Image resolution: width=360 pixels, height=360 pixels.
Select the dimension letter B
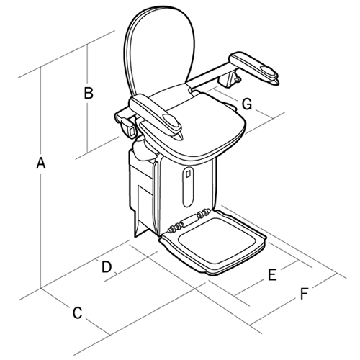88,93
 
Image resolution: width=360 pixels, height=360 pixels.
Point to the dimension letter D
107,266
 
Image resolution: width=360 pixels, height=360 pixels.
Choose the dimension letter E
273,274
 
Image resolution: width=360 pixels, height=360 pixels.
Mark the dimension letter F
305,294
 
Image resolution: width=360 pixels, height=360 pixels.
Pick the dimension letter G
247,104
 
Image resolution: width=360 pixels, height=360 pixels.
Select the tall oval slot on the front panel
188,186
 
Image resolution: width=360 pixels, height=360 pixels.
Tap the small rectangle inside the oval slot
188,174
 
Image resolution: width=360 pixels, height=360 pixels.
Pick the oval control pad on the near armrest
172,117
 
